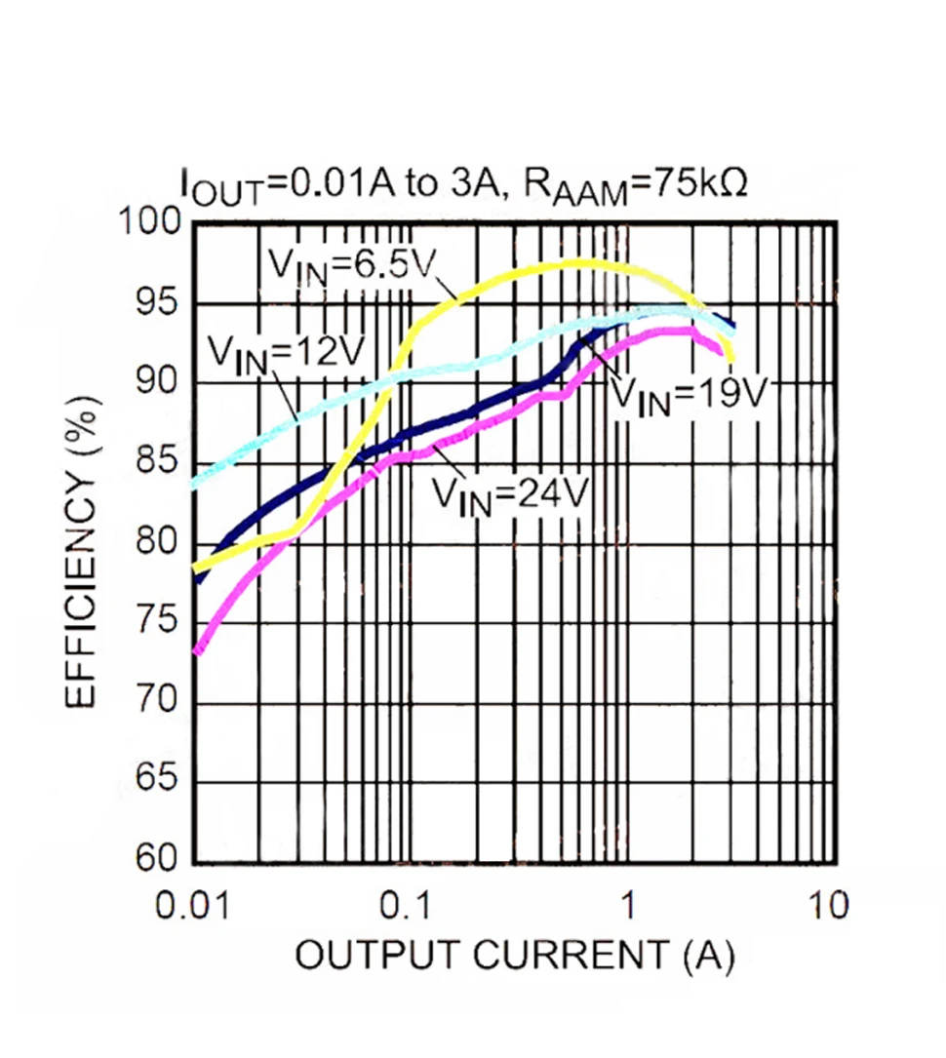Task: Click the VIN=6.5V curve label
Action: click(x=349, y=262)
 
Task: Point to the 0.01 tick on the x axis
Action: click(x=193, y=906)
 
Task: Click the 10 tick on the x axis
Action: click(x=827, y=906)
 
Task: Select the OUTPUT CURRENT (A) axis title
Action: click(x=514, y=957)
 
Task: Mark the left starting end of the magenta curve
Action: click(x=197, y=651)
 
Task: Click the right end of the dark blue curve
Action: click(x=732, y=327)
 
